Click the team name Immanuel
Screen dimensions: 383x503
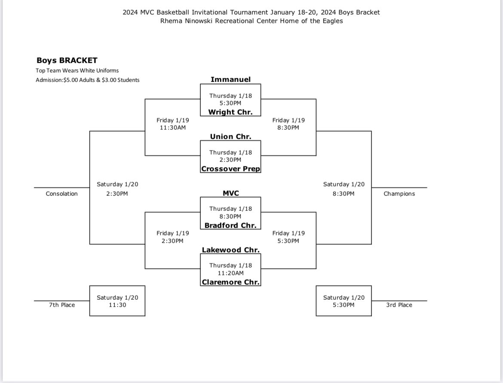tap(230, 79)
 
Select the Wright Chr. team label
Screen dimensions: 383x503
tap(230, 112)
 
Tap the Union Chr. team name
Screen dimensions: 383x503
tap(230, 137)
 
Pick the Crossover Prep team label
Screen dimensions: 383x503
tap(230, 169)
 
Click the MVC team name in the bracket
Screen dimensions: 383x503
tap(230, 193)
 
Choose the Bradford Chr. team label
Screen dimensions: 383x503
tap(230, 225)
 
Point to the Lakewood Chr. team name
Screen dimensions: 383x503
tap(230, 250)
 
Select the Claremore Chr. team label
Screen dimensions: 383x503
tap(230, 282)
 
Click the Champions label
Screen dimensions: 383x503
tap(399, 194)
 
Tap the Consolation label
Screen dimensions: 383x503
tap(61, 194)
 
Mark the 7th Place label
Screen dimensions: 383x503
tap(61, 305)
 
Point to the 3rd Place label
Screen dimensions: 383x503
tap(399, 305)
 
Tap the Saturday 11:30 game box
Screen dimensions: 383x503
tap(117, 301)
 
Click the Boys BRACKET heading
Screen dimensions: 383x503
tap(67, 61)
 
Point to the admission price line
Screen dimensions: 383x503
tap(88, 80)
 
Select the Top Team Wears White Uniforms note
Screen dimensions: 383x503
tap(77, 70)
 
